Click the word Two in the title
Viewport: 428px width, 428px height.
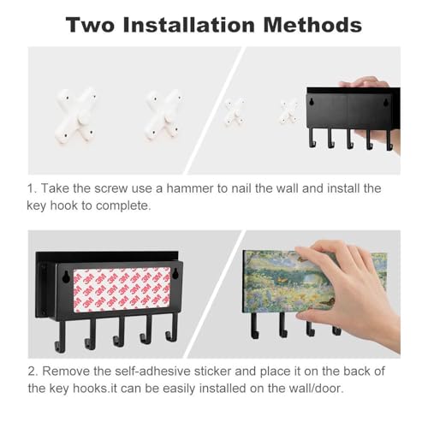(90, 25)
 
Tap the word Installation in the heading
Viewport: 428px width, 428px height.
(188, 25)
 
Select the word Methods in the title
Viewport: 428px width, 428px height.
(312, 25)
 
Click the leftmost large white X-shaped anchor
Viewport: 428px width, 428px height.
(76, 115)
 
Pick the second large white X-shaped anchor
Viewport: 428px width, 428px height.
(163, 115)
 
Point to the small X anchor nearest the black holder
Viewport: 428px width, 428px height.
(289, 111)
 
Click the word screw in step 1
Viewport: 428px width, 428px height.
(110, 188)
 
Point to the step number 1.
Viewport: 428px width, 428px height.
(32, 188)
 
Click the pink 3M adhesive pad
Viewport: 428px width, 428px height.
(122, 289)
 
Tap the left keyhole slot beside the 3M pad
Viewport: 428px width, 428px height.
(66, 277)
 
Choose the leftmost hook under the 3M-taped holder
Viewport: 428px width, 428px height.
(60, 336)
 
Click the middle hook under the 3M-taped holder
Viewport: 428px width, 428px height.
(119, 331)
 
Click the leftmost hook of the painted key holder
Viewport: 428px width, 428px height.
(254, 325)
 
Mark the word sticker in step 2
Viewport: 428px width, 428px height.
(211, 372)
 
